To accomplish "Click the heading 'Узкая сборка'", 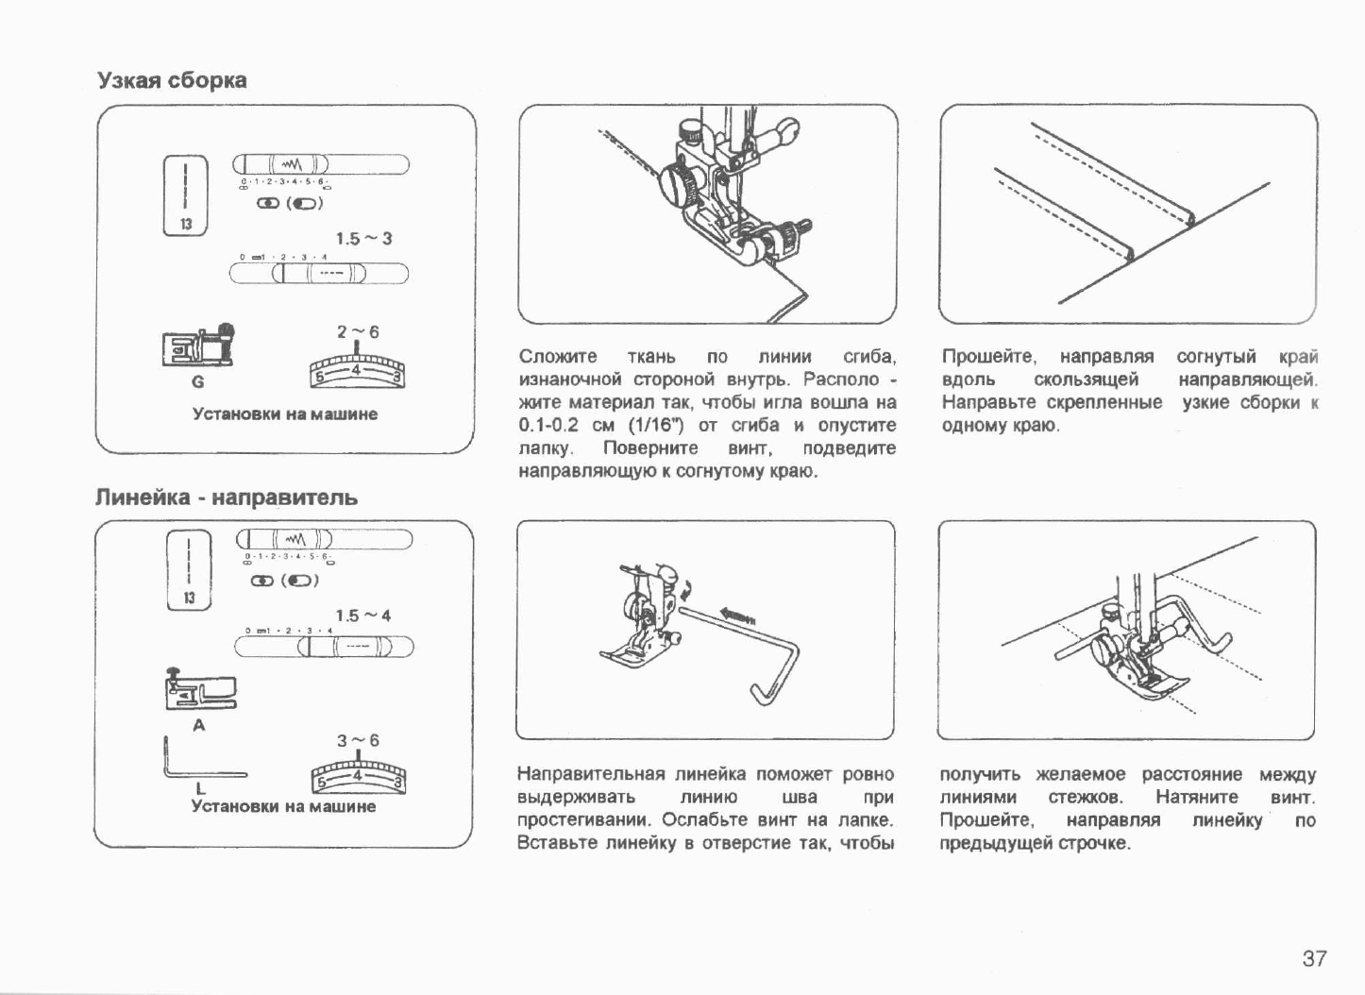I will (172, 80).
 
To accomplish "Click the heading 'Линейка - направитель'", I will (227, 497).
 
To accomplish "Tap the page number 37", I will (1314, 958).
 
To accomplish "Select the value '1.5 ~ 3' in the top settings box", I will (363, 238).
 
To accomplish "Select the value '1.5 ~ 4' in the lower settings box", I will (362, 616).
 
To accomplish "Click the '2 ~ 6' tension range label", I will (358, 331).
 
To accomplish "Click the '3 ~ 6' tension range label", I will (358, 740).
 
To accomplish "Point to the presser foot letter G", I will (197, 381).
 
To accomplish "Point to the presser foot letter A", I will (198, 725).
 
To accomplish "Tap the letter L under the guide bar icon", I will (200, 788).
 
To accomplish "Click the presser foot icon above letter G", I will (198, 346).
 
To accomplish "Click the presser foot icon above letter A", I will (200, 689).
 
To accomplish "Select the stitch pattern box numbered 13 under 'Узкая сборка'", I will (187, 194).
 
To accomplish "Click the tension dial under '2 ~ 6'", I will (357, 371).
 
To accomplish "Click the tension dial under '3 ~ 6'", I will (358, 777).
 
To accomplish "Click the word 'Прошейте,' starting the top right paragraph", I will (988, 357).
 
